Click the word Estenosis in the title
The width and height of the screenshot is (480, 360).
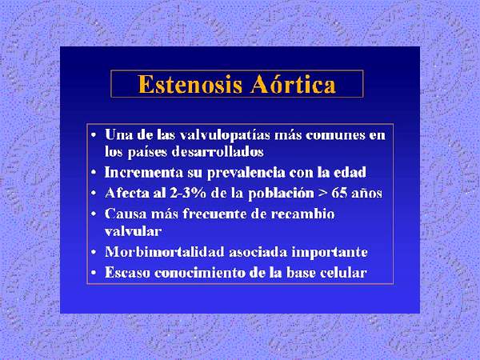[190, 84]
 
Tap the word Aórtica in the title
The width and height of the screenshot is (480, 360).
[293, 83]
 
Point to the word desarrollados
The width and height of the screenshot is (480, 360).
[218, 152]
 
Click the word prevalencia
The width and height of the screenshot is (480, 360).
[246, 173]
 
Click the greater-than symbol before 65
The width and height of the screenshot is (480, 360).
[322, 194]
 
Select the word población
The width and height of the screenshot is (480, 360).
[281, 194]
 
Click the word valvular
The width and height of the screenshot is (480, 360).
[133, 231]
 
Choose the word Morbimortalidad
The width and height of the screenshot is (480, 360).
[165, 252]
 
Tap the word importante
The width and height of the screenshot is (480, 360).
[330, 253]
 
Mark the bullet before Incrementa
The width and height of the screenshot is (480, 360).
[94, 174]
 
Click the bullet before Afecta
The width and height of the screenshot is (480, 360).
[94, 194]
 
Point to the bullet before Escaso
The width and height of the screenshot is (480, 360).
[94, 273]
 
